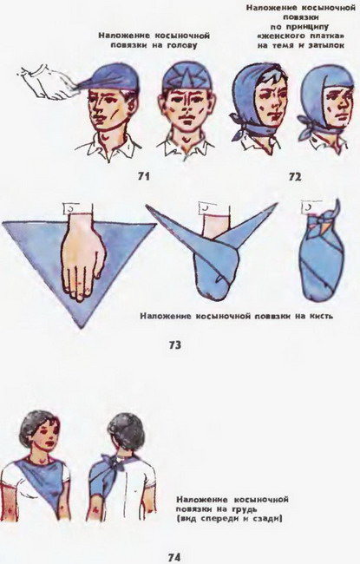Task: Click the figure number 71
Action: point(143,176)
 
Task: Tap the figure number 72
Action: point(295,177)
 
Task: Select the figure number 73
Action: point(174,345)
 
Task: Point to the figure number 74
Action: point(174,557)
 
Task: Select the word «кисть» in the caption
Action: point(320,316)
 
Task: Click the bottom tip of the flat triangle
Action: point(82,327)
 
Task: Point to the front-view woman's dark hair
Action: point(34,428)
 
